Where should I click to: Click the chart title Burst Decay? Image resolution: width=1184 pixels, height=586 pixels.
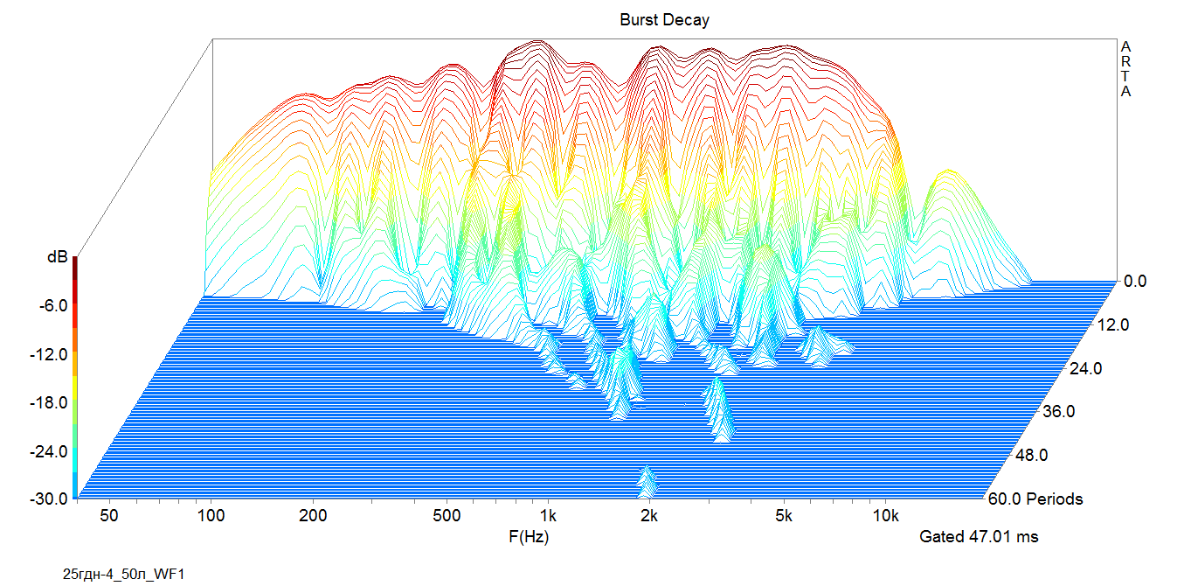[x=664, y=19]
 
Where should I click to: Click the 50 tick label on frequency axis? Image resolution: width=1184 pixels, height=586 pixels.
[x=109, y=516]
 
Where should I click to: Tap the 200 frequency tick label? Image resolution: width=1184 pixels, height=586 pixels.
[x=313, y=516]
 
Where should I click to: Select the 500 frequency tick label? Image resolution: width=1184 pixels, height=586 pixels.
[x=447, y=516]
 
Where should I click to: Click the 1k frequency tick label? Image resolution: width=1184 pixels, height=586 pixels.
[x=548, y=516]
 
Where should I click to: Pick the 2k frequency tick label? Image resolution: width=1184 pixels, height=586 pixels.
[x=649, y=516]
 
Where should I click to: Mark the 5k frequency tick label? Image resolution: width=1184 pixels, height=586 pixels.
[x=784, y=516]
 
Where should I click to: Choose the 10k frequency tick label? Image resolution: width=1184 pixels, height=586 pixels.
[x=885, y=516]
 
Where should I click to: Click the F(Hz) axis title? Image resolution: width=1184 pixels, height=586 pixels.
[x=529, y=536]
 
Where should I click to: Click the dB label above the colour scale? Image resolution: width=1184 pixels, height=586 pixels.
[x=58, y=258]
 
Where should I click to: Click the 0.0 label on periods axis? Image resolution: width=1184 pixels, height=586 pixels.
[x=1137, y=282]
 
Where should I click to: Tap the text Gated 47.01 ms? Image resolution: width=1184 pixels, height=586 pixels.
[x=979, y=536]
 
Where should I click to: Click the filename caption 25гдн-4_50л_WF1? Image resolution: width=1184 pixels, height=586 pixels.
[x=124, y=574]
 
